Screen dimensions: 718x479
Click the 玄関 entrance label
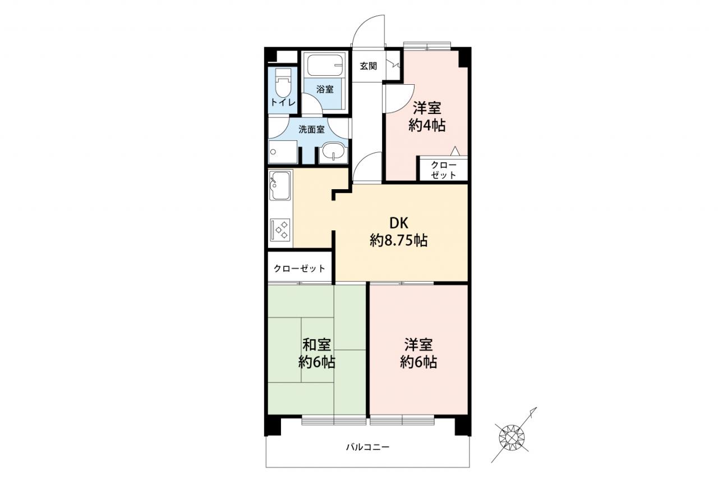click(369, 66)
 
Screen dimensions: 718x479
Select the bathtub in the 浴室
click(325, 66)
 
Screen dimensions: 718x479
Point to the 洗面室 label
click(311, 129)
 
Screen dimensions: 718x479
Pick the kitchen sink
click(280, 185)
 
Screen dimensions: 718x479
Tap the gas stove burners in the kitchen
click(280, 230)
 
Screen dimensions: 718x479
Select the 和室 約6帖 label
click(317, 353)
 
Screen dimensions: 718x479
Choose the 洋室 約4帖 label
click(427, 116)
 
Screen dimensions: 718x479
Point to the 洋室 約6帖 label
click(418, 353)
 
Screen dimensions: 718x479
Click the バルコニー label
click(367, 447)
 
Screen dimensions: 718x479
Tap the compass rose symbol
click(512, 437)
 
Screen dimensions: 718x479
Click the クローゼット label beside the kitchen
click(300, 268)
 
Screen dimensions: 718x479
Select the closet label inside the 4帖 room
click(444, 170)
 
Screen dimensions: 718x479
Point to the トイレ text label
click(283, 102)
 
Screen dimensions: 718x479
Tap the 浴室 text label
click(325, 89)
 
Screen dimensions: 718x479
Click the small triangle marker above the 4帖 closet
click(455, 151)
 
